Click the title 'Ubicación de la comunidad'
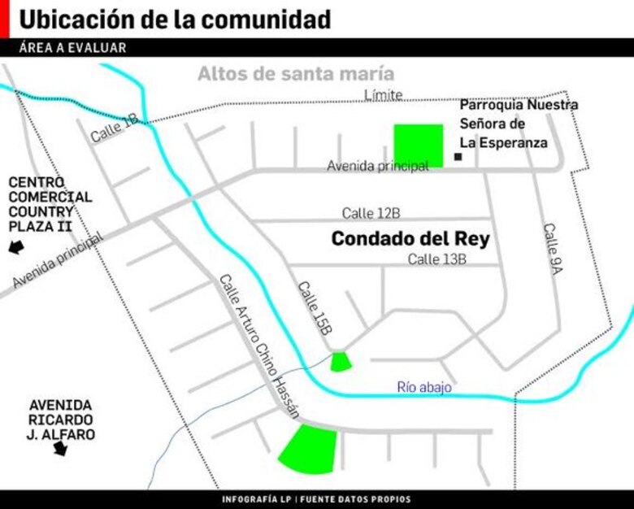[x=174, y=19]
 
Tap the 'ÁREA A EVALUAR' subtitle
[x=73, y=48]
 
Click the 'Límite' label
[x=383, y=95]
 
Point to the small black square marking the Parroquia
[x=458, y=156]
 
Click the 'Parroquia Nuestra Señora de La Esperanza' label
[x=519, y=124]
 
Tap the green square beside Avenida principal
[x=419, y=145]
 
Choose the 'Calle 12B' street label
[x=371, y=213]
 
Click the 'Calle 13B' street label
[x=436, y=259]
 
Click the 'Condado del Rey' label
[x=410, y=239]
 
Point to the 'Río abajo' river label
[x=424, y=388]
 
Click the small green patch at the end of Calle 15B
[x=341, y=362]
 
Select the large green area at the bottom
[x=310, y=450]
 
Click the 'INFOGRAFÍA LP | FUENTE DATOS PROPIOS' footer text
[x=316, y=499]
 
